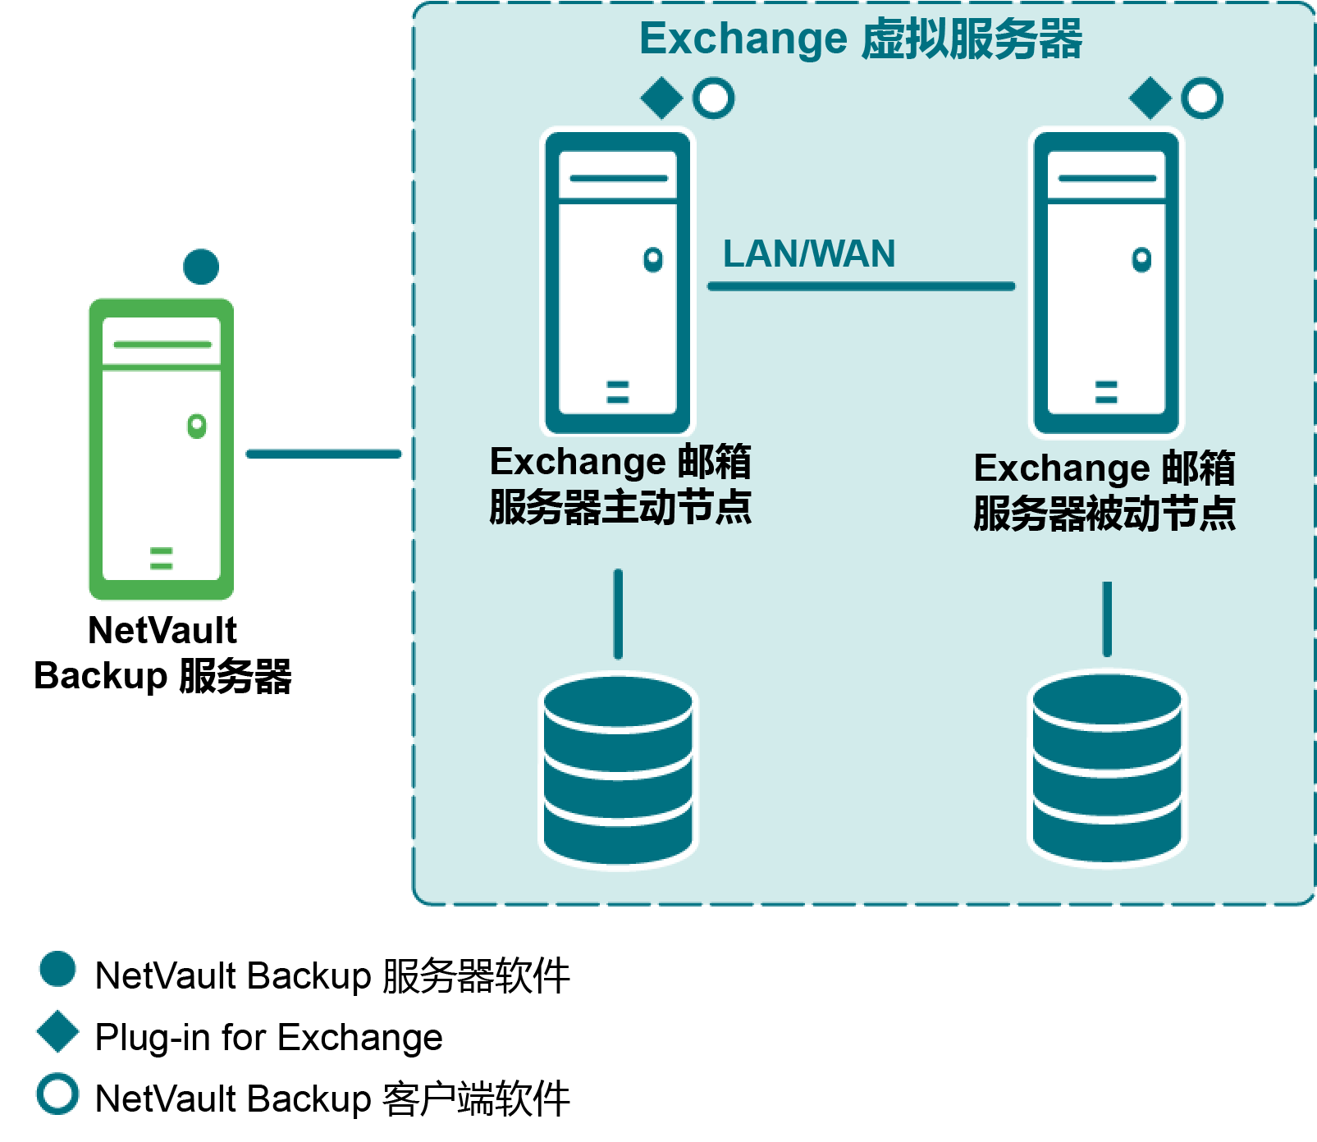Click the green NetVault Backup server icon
click(162, 449)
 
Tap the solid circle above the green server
click(201, 267)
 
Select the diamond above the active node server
click(661, 98)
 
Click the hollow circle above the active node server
click(713, 98)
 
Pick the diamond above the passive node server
click(1150, 98)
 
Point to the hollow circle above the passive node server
click(1202, 98)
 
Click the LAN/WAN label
click(808, 254)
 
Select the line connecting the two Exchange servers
click(861, 286)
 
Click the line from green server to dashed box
click(323, 454)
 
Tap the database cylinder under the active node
click(618, 770)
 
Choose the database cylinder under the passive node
click(1106, 768)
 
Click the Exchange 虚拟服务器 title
click(861, 39)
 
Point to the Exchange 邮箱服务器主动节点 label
click(620, 484)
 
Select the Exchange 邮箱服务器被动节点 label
click(1104, 491)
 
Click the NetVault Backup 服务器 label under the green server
click(162, 653)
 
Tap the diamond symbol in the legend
click(58, 1031)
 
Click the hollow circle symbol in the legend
click(58, 1094)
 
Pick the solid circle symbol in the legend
click(58, 969)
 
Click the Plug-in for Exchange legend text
click(269, 1037)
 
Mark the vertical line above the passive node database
click(1107, 619)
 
